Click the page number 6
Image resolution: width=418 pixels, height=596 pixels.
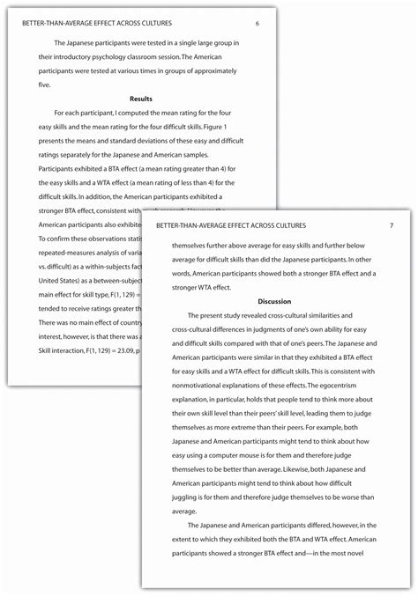click(257, 22)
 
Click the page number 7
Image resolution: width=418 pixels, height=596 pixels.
click(391, 226)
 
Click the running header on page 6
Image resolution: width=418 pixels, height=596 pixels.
click(98, 22)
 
